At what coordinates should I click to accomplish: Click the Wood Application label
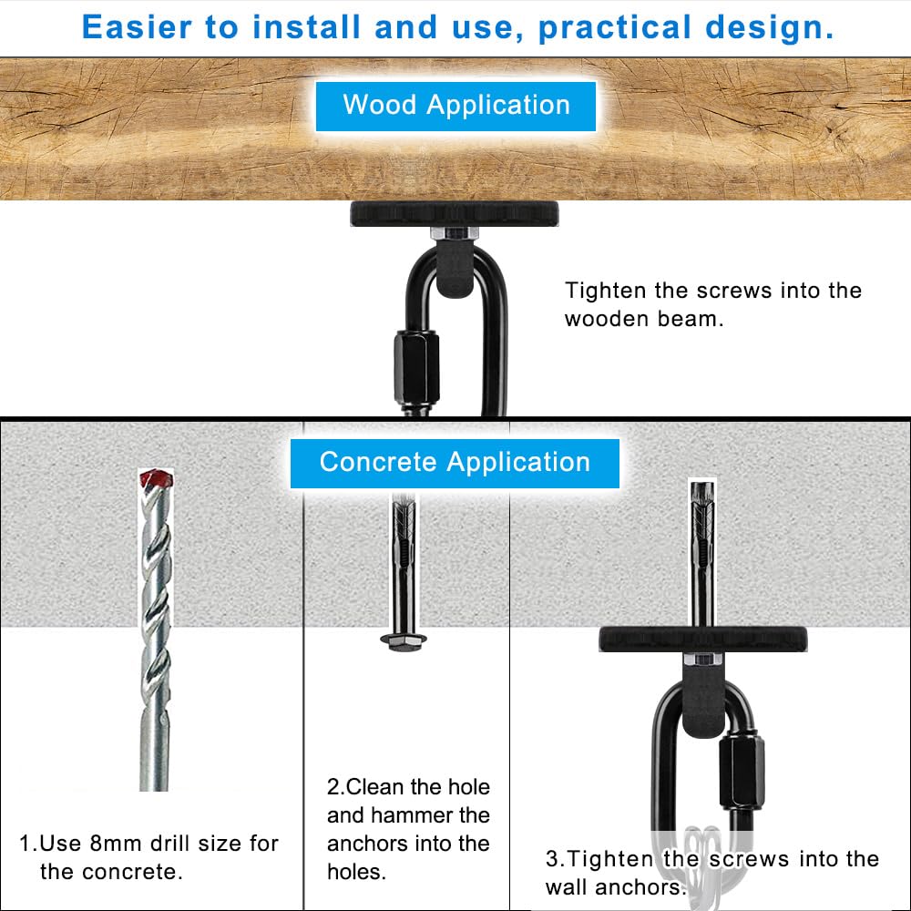(x=455, y=106)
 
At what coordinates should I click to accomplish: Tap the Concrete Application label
(x=455, y=463)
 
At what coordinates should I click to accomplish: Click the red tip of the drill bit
(x=155, y=479)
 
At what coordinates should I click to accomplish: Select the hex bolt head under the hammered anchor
(x=401, y=642)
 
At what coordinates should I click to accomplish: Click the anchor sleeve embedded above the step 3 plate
(x=702, y=556)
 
